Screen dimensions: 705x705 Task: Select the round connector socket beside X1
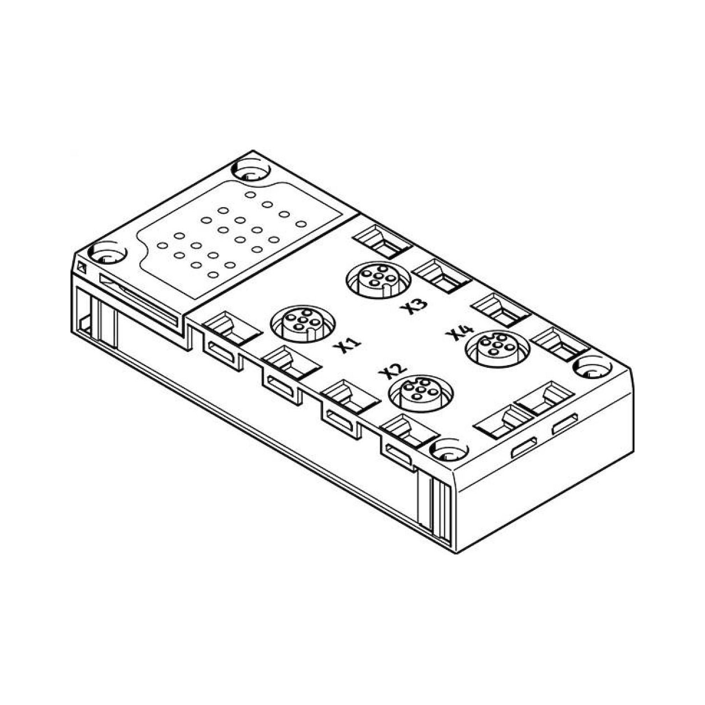(x=302, y=323)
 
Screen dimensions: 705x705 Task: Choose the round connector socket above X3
(x=378, y=279)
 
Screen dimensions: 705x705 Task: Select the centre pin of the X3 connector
(x=377, y=276)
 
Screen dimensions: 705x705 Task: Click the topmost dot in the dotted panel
(x=250, y=195)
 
